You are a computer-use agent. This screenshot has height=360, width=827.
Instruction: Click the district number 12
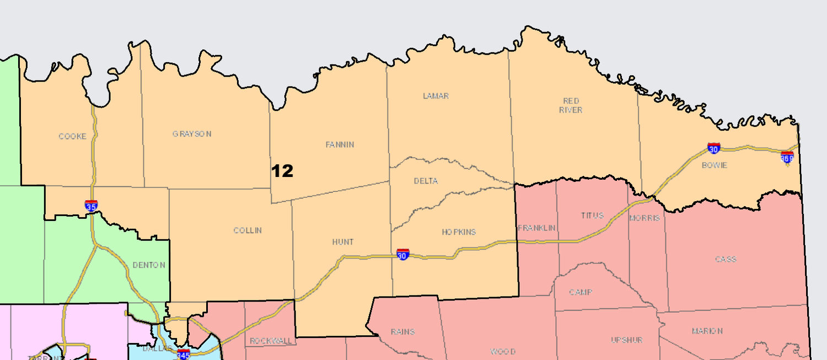tap(282, 171)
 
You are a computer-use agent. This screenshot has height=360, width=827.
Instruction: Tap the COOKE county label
tap(73, 136)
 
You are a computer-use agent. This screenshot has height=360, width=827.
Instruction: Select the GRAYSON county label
tap(192, 134)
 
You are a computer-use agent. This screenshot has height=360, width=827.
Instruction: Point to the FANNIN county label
tap(340, 145)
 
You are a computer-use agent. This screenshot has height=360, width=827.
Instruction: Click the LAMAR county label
tap(436, 96)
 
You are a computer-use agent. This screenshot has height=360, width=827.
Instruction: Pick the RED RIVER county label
tap(572, 105)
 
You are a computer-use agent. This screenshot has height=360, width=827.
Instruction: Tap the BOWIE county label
tap(715, 165)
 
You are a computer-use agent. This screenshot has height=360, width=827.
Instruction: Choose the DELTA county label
tap(426, 181)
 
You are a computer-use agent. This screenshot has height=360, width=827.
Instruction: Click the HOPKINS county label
tap(458, 232)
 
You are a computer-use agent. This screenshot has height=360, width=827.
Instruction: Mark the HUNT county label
tap(342, 242)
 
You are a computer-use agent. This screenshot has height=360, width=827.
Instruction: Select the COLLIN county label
tap(248, 230)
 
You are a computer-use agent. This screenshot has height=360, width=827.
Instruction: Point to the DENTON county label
tap(149, 265)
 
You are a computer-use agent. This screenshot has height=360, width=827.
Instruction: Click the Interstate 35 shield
tap(92, 206)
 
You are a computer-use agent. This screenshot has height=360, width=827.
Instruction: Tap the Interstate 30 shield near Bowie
tap(714, 148)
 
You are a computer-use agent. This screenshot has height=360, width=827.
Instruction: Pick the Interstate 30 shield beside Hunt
tap(403, 255)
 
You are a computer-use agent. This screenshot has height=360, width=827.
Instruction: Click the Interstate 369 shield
tap(787, 158)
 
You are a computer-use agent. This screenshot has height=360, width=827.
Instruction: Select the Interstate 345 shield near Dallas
tap(184, 354)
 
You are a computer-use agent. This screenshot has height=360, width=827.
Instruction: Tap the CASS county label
tap(726, 259)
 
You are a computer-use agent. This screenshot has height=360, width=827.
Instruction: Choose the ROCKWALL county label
tap(271, 341)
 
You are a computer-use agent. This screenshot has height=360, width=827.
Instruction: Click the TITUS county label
tap(593, 216)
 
